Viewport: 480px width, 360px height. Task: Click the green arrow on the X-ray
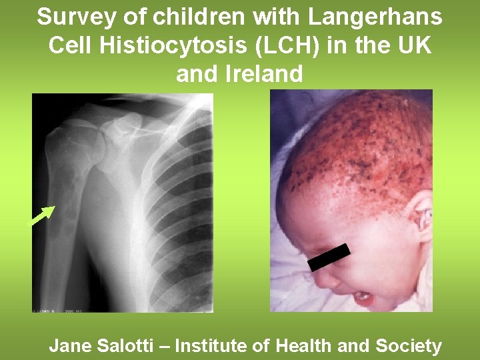tap(43, 216)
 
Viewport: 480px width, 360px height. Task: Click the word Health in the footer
tap(304, 346)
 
